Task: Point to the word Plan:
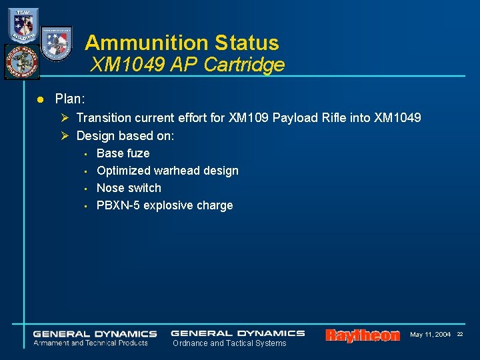(x=70, y=99)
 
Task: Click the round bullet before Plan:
(x=39, y=99)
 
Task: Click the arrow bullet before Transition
(x=65, y=118)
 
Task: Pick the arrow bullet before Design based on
(x=65, y=136)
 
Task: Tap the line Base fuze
(x=123, y=153)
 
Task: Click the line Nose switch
(x=129, y=188)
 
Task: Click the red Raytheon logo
(x=363, y=335)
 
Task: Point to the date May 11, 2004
(x=430, y=334)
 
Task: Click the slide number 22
(x=460, y=334)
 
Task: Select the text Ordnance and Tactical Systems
(x=229, y=343)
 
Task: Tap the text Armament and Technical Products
(x=91, y=343)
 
